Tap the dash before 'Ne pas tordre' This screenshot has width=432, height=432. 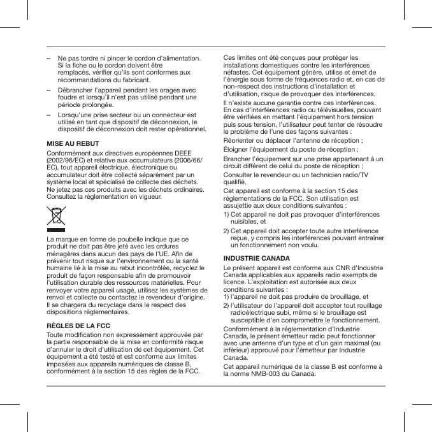click(x=49, y=59)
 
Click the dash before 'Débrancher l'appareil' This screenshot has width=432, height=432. click(x=49, y=90)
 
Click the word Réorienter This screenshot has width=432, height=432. click(x=241, y=141)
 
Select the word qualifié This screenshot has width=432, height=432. click(x=237, y=182)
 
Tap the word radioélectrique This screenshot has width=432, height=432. click(x=256, y=313)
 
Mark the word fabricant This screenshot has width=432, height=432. click(x=131, y=81)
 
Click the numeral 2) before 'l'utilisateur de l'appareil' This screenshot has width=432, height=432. click(x=227, y=305)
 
